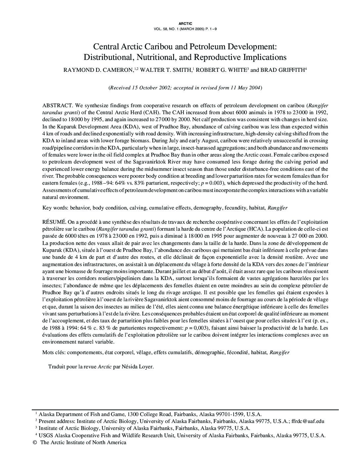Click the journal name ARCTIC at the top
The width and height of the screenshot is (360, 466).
[185, 23]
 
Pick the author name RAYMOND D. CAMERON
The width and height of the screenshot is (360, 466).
[98, 70]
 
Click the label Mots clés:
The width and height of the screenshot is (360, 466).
[54, 352]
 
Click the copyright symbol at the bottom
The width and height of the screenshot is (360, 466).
[35, 443]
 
